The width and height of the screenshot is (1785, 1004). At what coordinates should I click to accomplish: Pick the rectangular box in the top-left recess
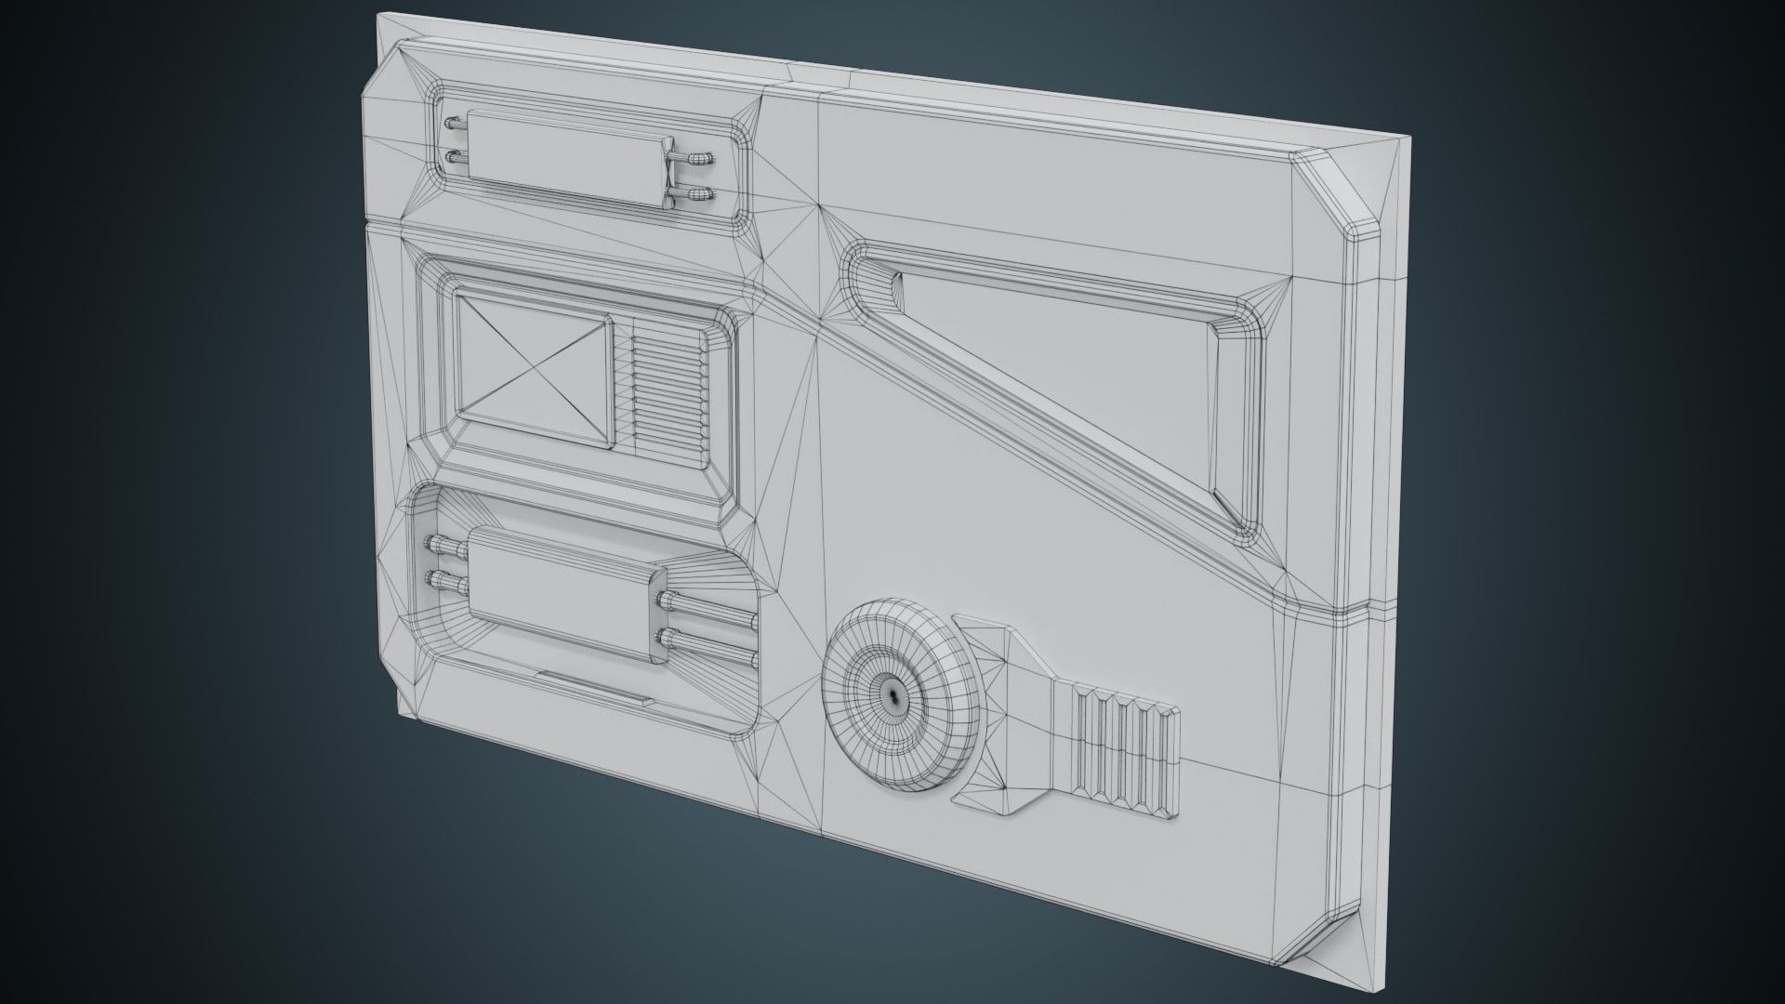click(567, 158)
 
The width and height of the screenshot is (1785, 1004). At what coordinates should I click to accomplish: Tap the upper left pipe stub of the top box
click(457, 125)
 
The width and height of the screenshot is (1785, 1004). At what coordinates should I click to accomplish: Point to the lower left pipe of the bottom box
click(446, 584)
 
